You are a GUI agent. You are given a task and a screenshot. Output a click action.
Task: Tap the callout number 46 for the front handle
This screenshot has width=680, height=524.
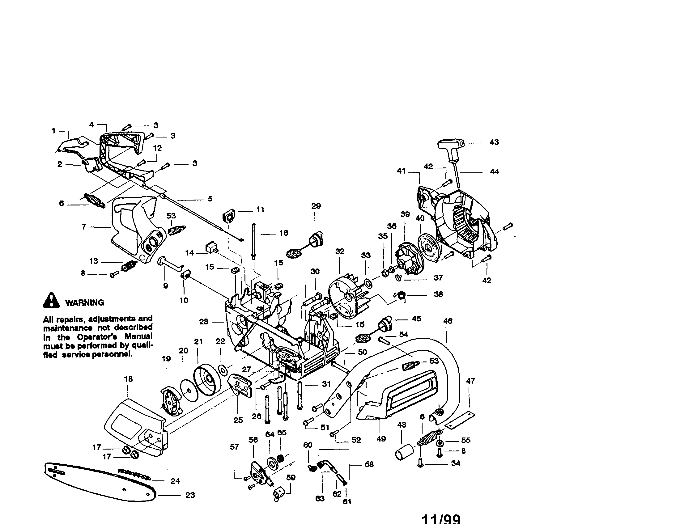pyautogui.click(x=448, y=321)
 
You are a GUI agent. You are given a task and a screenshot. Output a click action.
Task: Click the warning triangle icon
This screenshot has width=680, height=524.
pyautogui.click(x=51, y=301)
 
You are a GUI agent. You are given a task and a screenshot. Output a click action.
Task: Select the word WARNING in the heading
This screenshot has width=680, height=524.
pyautogui.click(x=85, y=302)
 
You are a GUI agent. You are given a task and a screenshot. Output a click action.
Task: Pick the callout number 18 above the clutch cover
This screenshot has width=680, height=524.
pyautogui.click(x=128, y=379)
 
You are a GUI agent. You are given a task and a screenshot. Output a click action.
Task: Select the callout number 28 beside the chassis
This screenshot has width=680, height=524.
pyautogui.click(x=204, y=322)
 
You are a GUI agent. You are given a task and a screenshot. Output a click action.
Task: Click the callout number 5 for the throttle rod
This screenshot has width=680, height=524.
pyautogui.click(x=210, y=199)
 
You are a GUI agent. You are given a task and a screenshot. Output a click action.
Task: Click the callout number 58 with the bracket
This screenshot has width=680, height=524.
pyautogui.click(x=369, y=465)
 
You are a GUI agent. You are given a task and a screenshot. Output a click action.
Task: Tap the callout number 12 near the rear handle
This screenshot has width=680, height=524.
pyautogui.click(x=158, y=148)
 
